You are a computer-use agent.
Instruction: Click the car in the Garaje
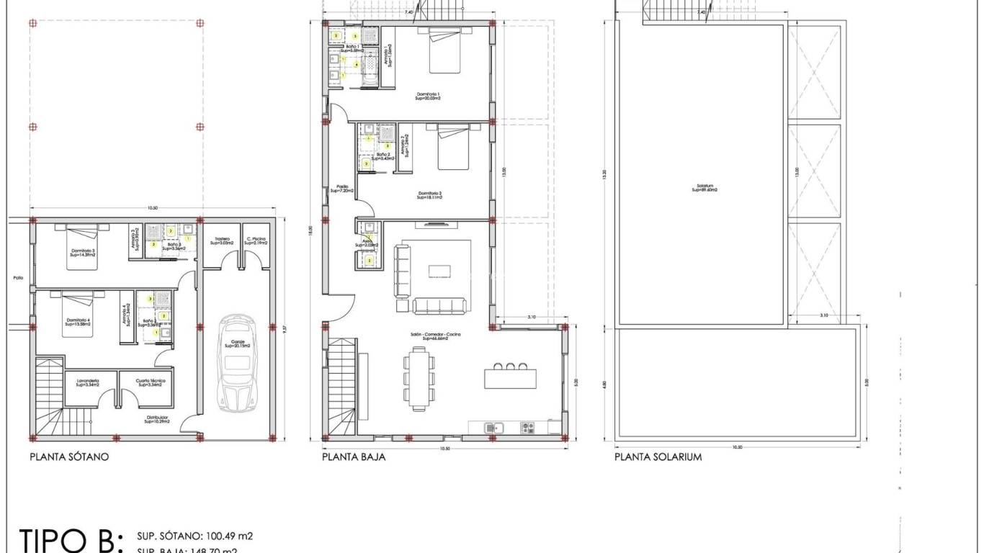coord(236,363)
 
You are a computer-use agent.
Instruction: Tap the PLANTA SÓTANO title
coord(69,457)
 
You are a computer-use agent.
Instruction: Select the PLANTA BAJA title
coord(353,457)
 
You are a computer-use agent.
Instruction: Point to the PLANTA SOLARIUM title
coord(658,457)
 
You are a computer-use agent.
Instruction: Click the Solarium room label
coord(704,188)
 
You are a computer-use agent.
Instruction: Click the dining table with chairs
coord(419,378)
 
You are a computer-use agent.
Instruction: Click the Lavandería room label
coord(87,382)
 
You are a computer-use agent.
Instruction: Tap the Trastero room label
coord(221,241)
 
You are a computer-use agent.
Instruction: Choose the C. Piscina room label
coord(256,241)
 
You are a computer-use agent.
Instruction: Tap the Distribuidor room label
coord(157,419)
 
